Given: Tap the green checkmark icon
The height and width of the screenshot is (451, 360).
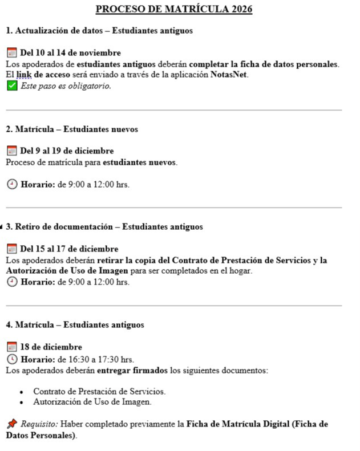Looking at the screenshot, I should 11,86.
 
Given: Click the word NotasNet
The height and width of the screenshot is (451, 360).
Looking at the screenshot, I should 229,75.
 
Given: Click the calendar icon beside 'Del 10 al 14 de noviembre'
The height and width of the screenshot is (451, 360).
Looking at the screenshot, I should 11,53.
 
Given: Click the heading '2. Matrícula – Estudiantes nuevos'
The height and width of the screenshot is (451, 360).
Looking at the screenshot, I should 72,129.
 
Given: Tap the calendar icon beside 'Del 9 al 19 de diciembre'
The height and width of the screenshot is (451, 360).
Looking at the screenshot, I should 11,151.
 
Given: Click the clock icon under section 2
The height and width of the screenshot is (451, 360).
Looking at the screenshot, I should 11,184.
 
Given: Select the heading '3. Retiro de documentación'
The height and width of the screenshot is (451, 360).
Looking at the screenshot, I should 104,227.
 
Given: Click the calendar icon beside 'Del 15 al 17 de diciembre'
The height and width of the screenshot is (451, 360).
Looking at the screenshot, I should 11,249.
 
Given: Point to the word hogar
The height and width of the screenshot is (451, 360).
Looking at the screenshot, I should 240,271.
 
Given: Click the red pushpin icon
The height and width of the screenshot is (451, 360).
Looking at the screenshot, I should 11,424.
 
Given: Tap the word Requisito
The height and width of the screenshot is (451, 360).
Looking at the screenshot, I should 39,424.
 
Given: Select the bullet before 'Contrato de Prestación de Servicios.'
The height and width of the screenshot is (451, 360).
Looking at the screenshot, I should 22,392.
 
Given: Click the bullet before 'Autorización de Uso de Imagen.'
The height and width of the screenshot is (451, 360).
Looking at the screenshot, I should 22,403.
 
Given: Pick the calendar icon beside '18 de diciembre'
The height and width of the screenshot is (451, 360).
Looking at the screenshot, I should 11,347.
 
